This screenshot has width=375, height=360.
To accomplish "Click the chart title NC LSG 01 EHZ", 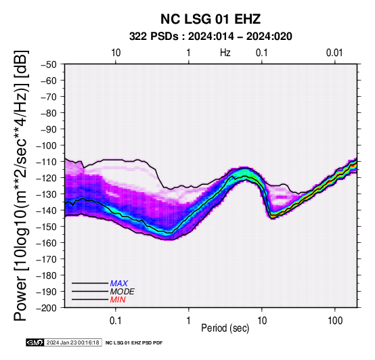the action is point(211,19).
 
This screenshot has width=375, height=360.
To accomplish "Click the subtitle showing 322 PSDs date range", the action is point(211,37).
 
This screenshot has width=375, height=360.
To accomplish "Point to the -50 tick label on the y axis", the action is point(49,64).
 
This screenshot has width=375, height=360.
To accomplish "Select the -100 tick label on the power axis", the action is point(47,145).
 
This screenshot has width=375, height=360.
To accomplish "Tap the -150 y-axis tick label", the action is point(47,227).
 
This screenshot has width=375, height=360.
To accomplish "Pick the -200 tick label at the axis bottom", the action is point(47,308).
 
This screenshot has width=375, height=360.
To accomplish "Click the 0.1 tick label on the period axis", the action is point(116,321).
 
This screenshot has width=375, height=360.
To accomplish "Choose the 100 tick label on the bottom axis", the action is point(335,321).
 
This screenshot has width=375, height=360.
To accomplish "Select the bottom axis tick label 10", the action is point(262,321).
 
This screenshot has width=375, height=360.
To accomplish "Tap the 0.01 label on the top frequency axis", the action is point(334,53).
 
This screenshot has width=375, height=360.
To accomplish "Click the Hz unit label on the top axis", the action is point(225,53).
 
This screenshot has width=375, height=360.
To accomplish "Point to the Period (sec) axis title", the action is point(225,328).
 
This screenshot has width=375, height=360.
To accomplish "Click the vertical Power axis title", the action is point(21,185).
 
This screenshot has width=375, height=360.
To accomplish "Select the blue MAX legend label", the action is point(119,284).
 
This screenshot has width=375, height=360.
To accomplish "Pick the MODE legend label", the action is point(123,292).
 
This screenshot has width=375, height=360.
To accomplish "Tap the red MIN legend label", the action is point(118,300).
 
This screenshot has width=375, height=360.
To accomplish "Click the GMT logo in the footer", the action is point(35,342).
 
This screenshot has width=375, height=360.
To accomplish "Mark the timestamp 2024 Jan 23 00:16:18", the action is point(72,342).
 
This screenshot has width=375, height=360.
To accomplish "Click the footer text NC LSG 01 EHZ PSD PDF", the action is point(134,343).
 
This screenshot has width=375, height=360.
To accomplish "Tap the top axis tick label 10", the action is point(116,53).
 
